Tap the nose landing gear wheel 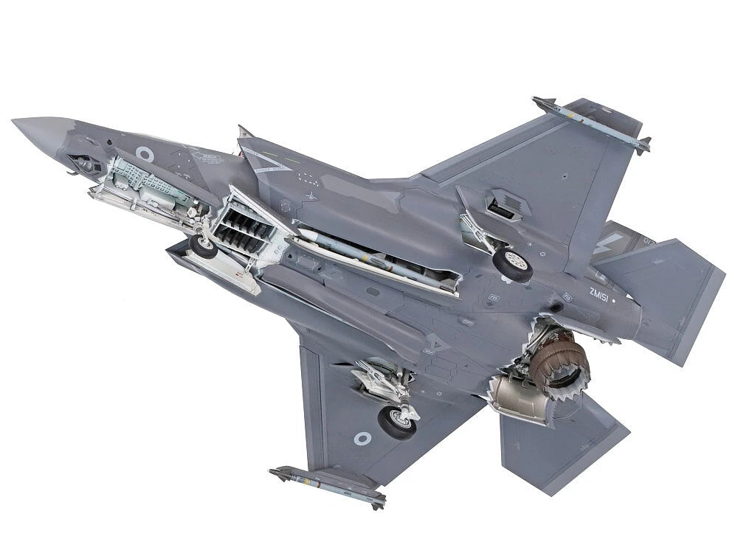203,246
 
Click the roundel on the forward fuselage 145,154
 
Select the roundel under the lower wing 362,439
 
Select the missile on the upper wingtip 590,122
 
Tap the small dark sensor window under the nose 87,164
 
